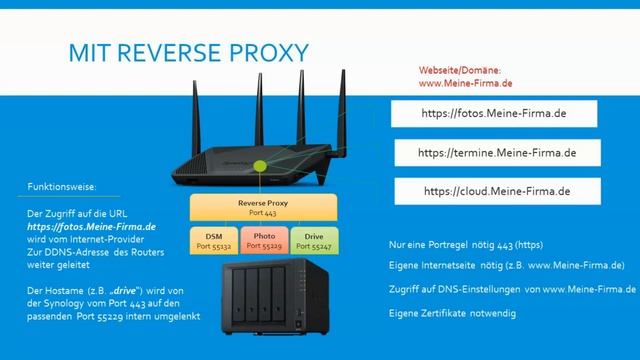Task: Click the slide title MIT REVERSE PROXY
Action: coord(188,51)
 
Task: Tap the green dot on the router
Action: coord(261,164)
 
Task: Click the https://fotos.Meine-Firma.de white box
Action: coord(494,114)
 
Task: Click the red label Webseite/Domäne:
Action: coord(459,70)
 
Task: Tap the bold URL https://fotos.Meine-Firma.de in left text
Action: coord(92,227)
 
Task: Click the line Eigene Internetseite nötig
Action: coord(507,266)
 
